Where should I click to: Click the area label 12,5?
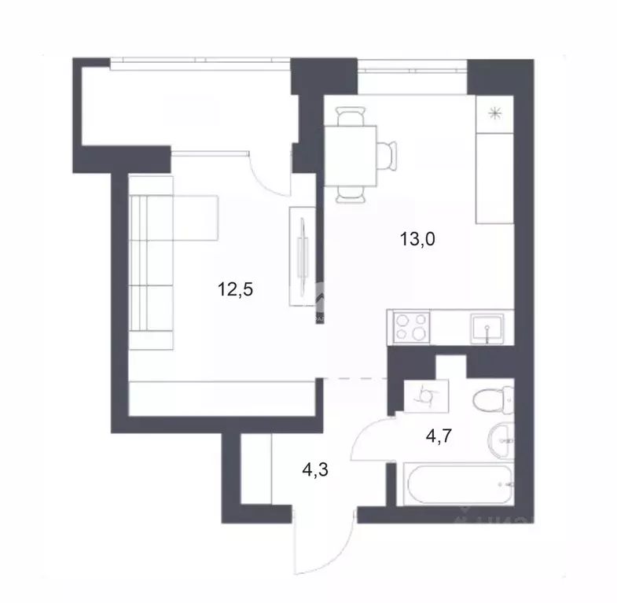[237, 289]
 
